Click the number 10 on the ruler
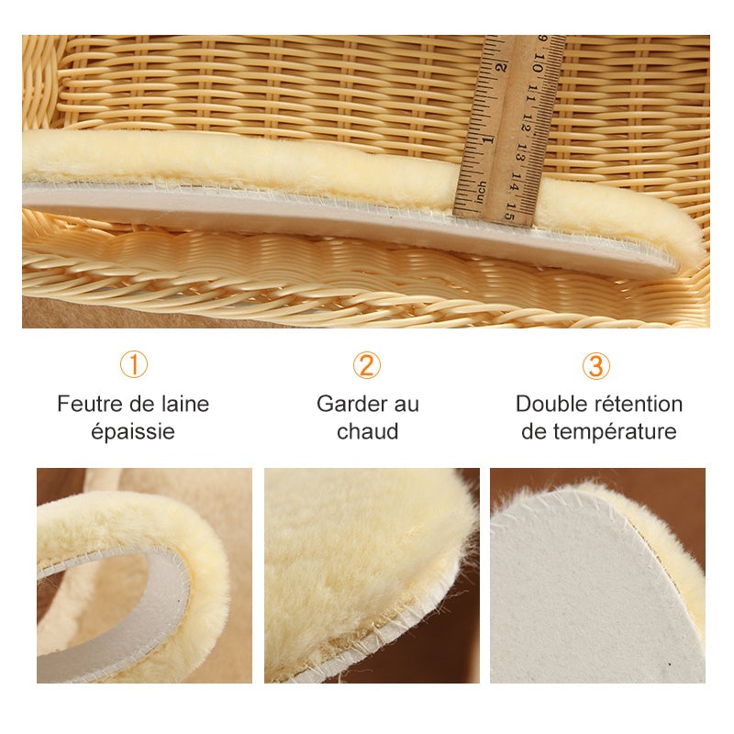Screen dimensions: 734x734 [538, 62]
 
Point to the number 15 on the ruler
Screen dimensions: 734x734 [511, 212]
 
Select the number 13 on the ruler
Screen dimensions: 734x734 [522, 152]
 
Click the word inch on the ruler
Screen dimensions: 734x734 [480, 192]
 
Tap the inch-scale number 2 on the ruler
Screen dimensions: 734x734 [501, 67]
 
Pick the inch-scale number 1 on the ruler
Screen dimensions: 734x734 [488, 139]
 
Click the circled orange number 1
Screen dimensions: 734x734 [134, 365]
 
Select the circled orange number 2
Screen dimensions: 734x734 [366, 365]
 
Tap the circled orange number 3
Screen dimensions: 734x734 [595, 365]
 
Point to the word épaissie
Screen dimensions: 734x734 [133, 431]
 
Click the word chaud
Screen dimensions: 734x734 [368, 431]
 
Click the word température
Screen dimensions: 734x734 [615, 432]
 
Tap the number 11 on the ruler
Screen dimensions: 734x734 [532, 93]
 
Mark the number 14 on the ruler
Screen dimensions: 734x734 [517, 182]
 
